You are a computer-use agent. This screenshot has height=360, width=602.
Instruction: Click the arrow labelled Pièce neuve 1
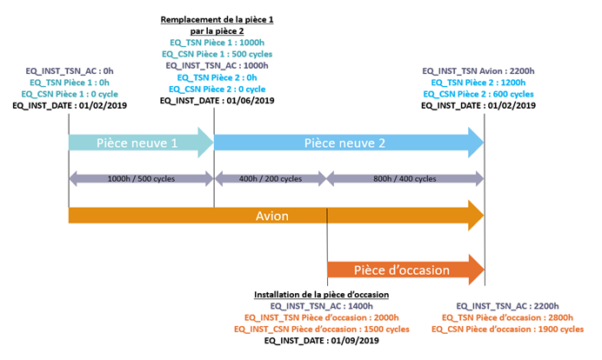pos(139,142)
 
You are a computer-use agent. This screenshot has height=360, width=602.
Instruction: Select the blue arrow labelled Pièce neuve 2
pos(348,142)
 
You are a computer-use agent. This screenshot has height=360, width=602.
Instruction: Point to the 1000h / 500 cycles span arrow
pos(141,178)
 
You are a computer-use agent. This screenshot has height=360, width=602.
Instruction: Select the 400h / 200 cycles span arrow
pos(270,178)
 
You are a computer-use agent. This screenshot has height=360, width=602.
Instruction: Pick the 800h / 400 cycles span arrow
pos(405,178)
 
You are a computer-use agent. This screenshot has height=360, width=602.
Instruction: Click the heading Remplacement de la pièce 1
pos(217,19)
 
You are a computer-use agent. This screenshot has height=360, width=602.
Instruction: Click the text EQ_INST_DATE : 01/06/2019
pos(217,100)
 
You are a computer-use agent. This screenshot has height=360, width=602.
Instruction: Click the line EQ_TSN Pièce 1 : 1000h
pos(217,43)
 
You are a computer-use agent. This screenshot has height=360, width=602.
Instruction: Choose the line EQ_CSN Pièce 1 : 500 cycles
pos(217,54)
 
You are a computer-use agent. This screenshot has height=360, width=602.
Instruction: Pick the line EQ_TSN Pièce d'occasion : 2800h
pos(509,317)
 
